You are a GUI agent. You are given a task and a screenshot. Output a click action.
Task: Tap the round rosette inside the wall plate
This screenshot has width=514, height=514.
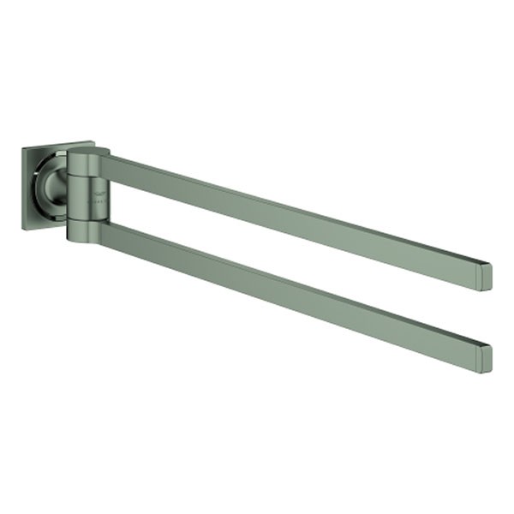[x=59, y=183]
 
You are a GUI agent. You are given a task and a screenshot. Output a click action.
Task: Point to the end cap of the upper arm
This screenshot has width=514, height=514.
[x=486, y=276]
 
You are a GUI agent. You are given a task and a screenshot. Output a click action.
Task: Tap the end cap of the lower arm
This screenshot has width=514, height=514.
[x=486, y=357]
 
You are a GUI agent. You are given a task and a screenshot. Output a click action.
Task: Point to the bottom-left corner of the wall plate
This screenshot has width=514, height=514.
[x=24, y=229]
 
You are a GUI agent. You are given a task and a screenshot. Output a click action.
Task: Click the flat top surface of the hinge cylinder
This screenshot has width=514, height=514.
[x=88, y=152]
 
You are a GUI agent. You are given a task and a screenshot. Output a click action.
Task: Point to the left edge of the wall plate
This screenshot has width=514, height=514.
[x=24, y=189]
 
